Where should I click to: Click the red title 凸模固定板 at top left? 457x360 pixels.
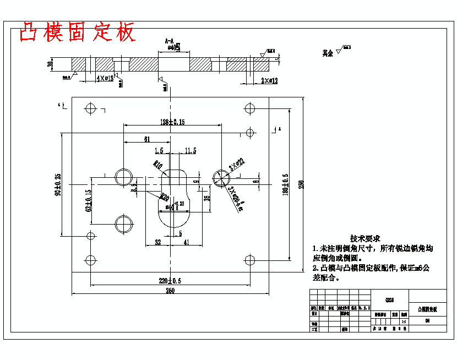(77, 32)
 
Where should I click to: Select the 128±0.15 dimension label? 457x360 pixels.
(172, 122)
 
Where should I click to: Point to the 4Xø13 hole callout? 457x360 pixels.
(105, 79)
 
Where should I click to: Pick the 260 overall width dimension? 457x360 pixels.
(171, 291)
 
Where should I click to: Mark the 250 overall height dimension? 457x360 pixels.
(301, 184)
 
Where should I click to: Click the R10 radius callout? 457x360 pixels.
(158, 164)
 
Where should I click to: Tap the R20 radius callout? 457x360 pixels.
(164, 195)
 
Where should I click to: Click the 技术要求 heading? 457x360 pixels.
(365, 238)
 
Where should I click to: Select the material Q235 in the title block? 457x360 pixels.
(390, 300)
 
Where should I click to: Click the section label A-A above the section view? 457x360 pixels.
(170, 41)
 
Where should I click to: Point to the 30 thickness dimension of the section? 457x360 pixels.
(51, 64)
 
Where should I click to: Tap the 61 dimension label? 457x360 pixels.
(147, 139)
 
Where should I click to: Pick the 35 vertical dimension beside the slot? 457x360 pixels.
(206, 199)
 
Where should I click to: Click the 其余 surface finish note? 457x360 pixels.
(328, 53)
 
